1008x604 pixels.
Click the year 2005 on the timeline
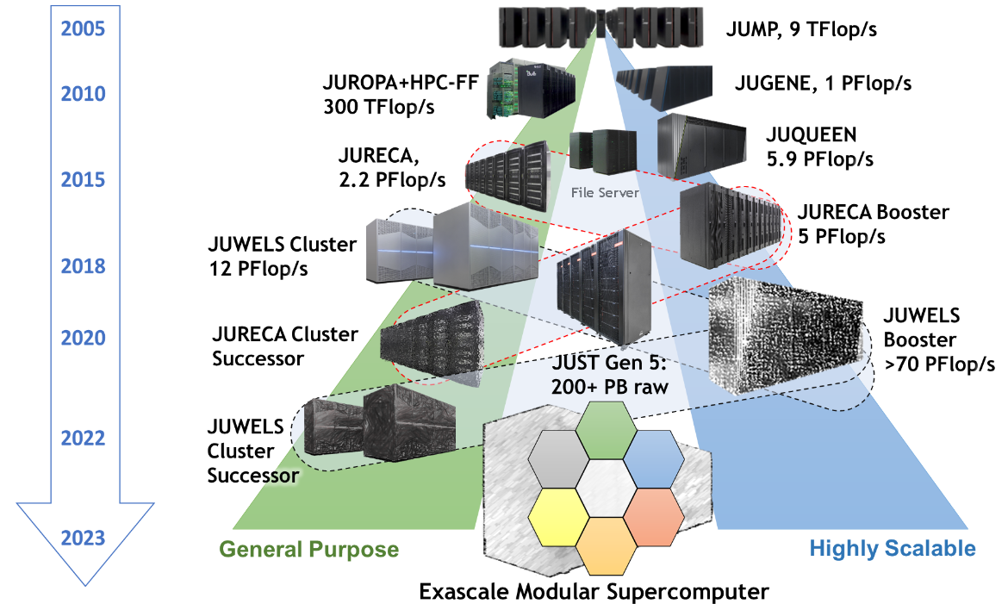click(84, 28)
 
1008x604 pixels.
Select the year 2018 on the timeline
click(84, 266)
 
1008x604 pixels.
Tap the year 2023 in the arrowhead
click(84, 539)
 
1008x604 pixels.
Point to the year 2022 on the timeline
click(84, 438)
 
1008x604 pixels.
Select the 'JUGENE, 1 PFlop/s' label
click(823, 84)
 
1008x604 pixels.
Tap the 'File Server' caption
click(605, 192)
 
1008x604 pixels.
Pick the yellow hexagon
click(558, 514)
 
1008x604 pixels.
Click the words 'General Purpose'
click(309, 550)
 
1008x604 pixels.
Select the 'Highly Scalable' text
click(893, 549)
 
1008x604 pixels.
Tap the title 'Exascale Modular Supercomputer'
click(594, 591)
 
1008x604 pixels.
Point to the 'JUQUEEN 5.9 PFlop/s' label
click(818, 147)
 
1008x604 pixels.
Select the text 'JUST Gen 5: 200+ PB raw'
click(609, 377)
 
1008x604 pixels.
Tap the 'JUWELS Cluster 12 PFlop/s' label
click(283, 255)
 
